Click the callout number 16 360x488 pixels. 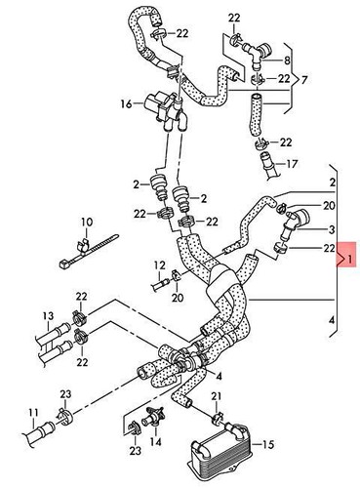(126, 102)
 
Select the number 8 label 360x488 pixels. (287, 60)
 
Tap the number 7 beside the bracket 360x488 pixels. (305, 78)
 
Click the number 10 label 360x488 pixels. (86, 222)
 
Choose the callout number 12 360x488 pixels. (158, 265)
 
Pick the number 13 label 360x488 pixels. (48, 316)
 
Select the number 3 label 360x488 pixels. (333, 229)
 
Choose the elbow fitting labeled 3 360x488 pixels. (290, 226)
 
